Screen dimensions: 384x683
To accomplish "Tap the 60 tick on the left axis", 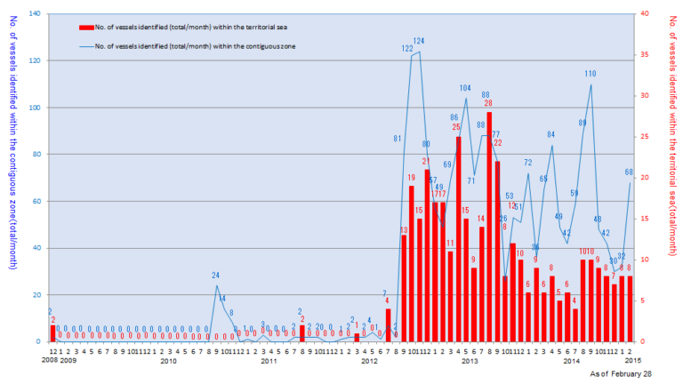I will [x=36, y=201].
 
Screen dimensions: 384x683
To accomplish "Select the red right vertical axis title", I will [x=673, y=178].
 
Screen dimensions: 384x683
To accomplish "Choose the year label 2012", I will [x=370, y=360].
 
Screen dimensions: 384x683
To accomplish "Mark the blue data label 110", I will [x=591, y=74].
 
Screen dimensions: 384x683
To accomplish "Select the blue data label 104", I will [x=465, y=88].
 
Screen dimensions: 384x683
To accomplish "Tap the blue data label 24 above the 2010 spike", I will [x=216, y=276].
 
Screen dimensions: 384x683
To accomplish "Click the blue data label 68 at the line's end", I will [x=630, y=172].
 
